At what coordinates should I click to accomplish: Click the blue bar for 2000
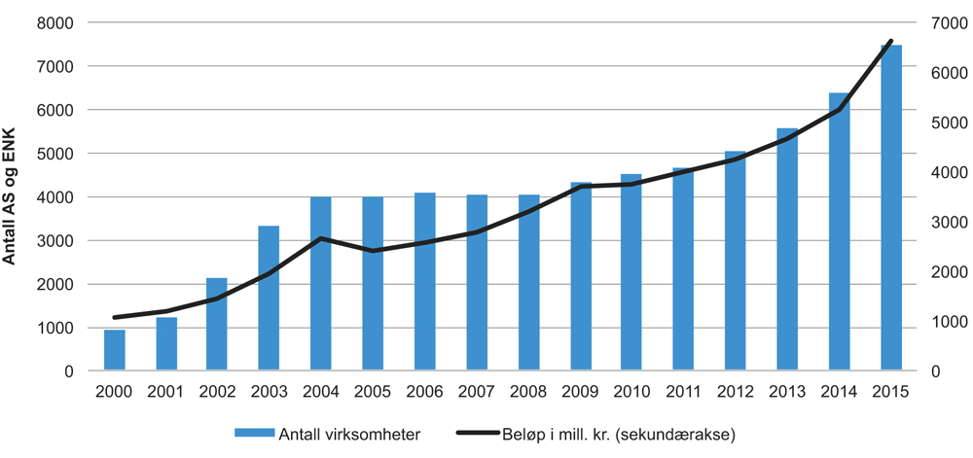click(115, 351)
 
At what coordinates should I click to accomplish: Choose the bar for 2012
click(736, 262)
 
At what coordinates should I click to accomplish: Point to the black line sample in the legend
click(483, 434)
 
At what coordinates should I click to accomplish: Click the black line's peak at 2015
click(891, 41)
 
